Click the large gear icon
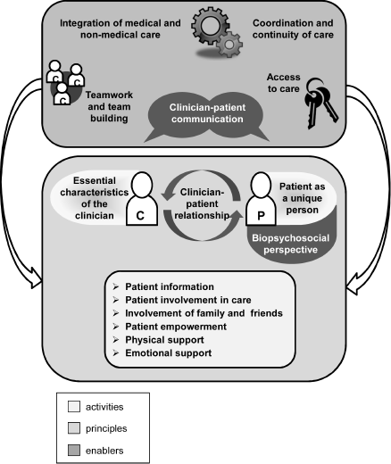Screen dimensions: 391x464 [210, 26]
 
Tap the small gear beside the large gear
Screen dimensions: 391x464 [229, 45]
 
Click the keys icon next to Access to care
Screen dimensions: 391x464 [320, 103]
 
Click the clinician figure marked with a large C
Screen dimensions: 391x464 [142, 199]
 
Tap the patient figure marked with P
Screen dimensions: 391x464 [261, 199]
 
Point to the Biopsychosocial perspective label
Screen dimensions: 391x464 [290, 244]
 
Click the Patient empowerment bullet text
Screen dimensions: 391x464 [176, 327]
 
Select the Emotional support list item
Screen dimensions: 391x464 [168, 353]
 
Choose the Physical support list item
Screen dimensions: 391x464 [164, 340]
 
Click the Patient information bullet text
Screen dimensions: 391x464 [170, 286]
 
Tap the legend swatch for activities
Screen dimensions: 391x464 [74, 406]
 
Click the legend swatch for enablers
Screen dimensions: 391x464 [74, 450]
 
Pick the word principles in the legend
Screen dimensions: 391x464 [106, 428]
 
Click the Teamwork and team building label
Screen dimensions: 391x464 [109, 106]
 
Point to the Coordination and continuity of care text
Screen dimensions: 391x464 [293, 29]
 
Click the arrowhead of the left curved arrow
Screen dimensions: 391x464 [35, 278]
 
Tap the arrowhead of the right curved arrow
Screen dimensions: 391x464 [354, 285]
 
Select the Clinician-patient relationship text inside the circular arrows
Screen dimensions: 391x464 [203, 203]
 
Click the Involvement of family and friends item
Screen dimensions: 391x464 [204, 313]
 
